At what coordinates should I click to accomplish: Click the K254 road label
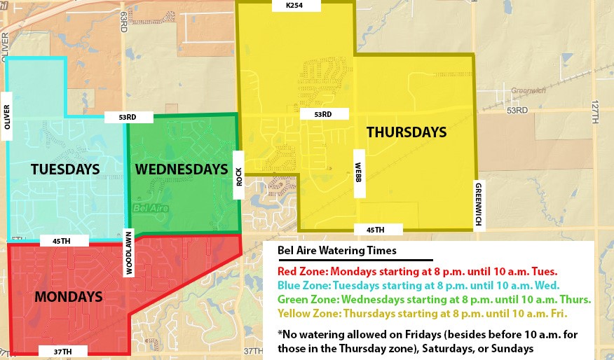tap(293, 6)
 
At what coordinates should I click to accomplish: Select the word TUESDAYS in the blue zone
tap(64, 169)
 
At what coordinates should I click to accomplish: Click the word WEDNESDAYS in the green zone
tap(182, 169)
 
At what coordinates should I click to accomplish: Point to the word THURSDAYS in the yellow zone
tap(407, 132)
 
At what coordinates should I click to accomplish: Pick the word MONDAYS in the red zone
tap(69, 296)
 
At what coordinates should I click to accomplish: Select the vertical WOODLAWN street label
tap(128, 253)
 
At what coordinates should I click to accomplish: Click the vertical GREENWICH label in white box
tap(479, 202)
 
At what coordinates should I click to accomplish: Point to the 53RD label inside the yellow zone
tap(322, 114)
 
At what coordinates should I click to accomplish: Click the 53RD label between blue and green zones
tap(127, 118)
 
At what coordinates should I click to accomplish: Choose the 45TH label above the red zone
tap(60, 241)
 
